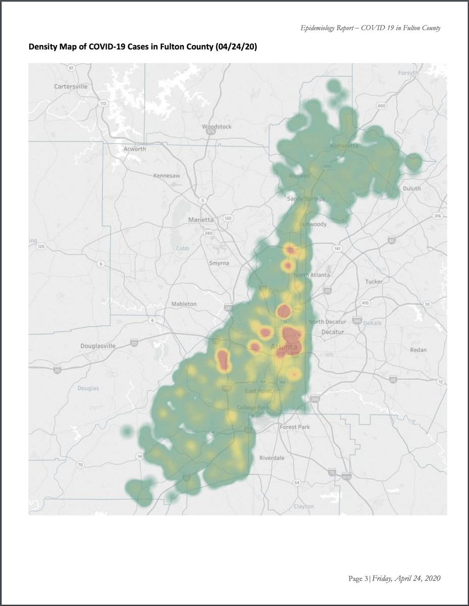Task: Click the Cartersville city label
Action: [x=71, y=86]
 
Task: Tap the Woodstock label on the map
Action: [x=216, y=126]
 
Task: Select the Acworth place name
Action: [x=135, y=149]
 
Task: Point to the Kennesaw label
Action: [x=167, y=176]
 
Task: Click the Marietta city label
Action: [x=200, y=220]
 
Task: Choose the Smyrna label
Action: [x=219, y=263]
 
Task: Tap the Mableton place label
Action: [x=184, y=304]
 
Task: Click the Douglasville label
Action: [x=98, y=346]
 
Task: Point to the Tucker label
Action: [x=374, y=281]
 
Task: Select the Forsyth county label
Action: [x=408, y=73]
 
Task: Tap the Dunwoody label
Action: [x=313, y=224]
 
